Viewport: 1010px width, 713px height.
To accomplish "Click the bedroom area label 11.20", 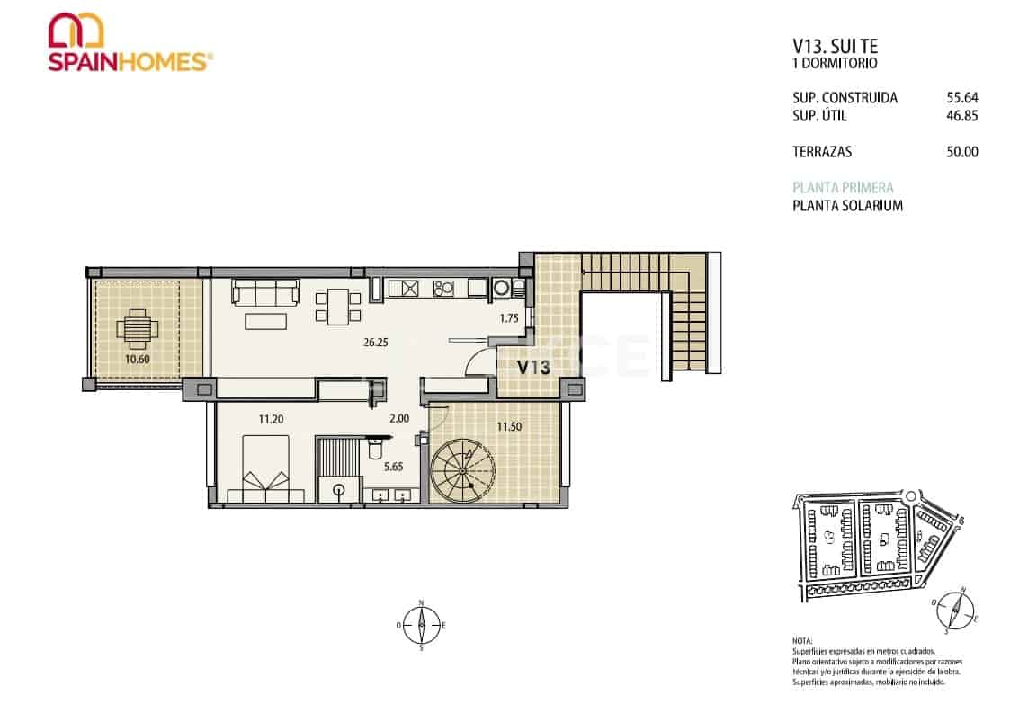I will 272,418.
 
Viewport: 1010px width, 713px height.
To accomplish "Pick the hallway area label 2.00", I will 398,418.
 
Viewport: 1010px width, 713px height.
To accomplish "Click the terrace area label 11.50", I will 509,427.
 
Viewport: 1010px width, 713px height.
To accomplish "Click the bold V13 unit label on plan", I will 533,366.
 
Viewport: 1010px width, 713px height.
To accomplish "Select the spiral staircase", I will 462,470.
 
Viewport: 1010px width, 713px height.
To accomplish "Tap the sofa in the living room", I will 265,291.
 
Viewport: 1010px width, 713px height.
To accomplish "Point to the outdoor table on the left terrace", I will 136,329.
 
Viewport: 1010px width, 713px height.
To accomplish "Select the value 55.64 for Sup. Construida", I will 961,98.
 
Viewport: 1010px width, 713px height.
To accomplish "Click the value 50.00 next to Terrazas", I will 961,152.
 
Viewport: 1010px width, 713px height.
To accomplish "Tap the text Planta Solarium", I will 847,206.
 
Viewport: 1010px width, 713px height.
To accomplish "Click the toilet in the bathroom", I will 338,491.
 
